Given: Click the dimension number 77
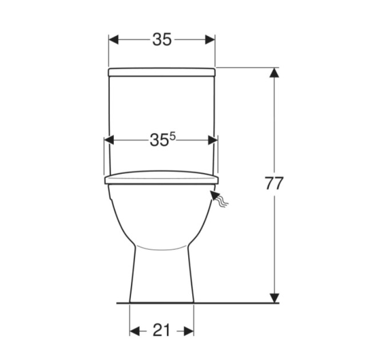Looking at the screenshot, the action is click(x=274, y=183).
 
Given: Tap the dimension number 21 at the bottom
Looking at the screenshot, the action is click(x=161, y=330).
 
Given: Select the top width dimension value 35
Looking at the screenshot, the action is click(x=162, y=39).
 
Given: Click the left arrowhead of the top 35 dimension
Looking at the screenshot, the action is click(x=113, y=39).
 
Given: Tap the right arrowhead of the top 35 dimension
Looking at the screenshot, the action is click(x=210, y=39).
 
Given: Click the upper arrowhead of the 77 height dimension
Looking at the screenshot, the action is click(x=274, y=73).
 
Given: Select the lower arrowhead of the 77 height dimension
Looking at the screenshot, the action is click(x=274, y=298).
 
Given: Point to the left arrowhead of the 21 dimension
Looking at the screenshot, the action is click(x=134, y=331).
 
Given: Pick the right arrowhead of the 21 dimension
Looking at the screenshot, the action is click(x=189, y=331).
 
